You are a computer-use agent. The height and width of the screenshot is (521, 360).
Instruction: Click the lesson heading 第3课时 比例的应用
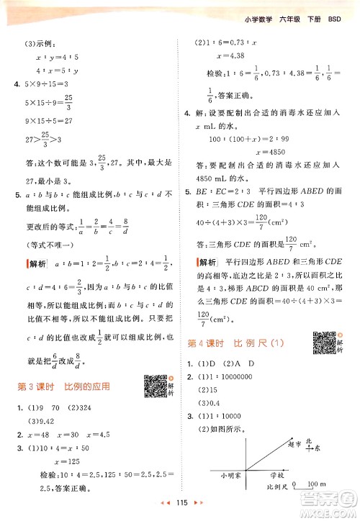[64, 386]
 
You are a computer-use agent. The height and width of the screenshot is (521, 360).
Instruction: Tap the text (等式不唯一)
[48, 248]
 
